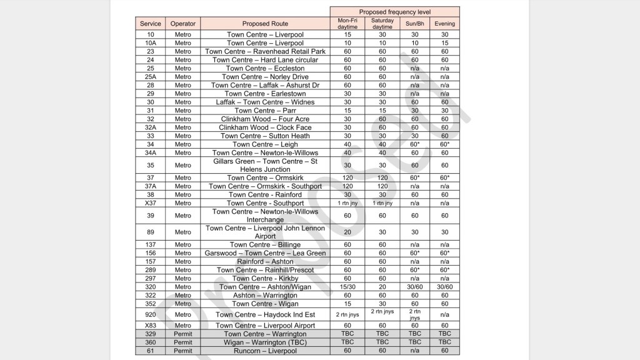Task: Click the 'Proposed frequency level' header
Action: pos(394,12)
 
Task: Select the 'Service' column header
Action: pos(151,24)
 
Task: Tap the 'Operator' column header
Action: pos(183,24)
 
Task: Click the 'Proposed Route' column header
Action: pos(265,24)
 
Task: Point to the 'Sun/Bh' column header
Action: pos(414,24)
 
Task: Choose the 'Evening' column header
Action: pos(444,24)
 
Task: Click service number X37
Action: pos(151,203)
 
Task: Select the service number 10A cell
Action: pos(151,43)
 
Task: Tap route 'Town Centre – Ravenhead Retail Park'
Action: pos(265,52)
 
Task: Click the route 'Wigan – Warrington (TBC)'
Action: pos(265,342)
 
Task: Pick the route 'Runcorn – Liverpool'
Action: pos(265,351)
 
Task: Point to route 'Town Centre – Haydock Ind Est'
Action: pos(265,315)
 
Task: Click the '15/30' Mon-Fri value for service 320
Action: pos(347,287)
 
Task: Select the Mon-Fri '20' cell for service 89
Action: pos(347,232)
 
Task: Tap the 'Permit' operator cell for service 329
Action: pos(183,334)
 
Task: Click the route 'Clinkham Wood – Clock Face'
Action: pos(265,127)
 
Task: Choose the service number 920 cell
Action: pos(151,315)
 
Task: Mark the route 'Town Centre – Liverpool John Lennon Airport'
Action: pos(265,232)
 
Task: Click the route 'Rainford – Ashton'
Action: pos(265,262)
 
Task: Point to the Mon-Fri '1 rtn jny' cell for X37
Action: pos(347,203)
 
